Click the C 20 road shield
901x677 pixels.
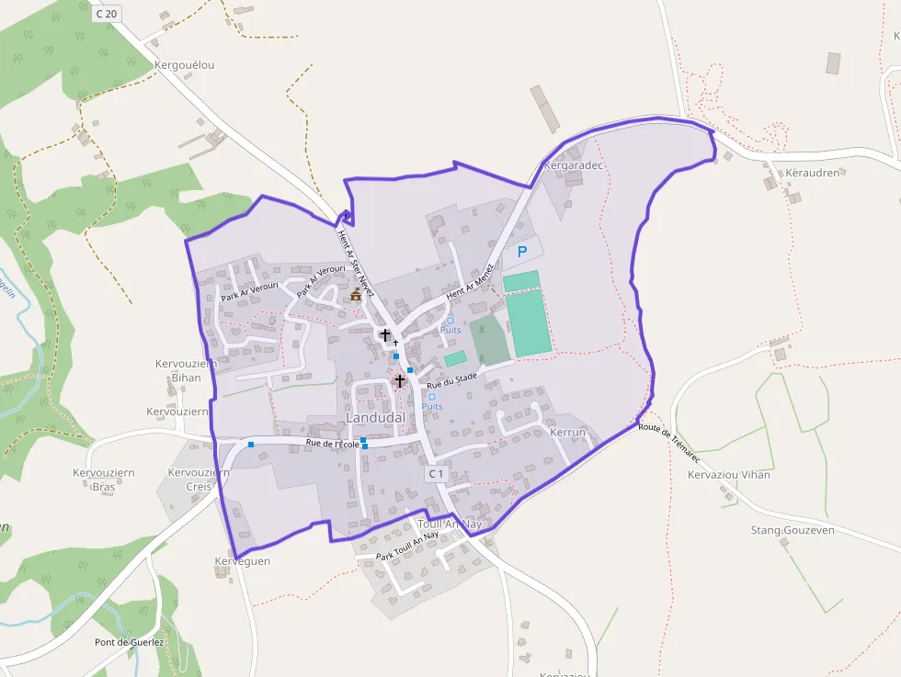point(107,13)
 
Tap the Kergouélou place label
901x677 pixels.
point(185,65)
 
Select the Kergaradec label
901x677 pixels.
point(573,166)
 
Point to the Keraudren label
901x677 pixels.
point(813,173)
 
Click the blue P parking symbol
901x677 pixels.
point(522,251)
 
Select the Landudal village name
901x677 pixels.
point(375,418)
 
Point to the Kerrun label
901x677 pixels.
point(567,432)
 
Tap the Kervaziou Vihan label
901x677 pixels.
point(729,475)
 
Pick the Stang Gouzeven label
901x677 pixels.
point(793,530)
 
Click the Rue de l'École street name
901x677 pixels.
point(332,445)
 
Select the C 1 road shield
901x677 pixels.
point(436,474)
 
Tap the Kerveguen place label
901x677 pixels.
point(242,560)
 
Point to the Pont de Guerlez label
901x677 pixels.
point(129,642)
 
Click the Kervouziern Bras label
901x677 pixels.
point(104,480)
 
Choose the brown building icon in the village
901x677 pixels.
point(356,294)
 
